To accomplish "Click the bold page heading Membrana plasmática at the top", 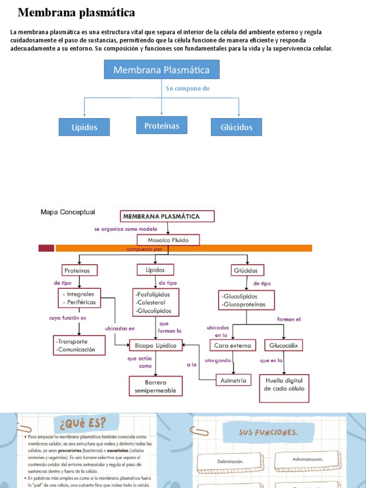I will (x=76, y=12).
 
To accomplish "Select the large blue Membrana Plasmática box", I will (x=161, y=70).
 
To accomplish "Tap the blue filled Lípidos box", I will (x=84, y=127).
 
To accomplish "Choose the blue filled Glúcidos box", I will (x=236, y=127).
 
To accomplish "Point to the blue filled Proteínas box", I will (x=162, y=125).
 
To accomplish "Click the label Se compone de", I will (x=188, y=89).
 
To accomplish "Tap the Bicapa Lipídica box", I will (x=156, y=345).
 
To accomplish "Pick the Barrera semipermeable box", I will (x=155, y=386).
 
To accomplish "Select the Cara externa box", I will (x=233, y=345).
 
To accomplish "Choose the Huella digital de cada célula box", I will (x=284, y=385).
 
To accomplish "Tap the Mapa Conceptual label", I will (x=68, y=212).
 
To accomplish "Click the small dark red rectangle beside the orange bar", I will (x=46, y=248).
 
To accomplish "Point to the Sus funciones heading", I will (x=269, y=433).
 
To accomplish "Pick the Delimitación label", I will (x=230, y=461).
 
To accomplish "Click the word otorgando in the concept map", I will (x=218, y=360).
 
